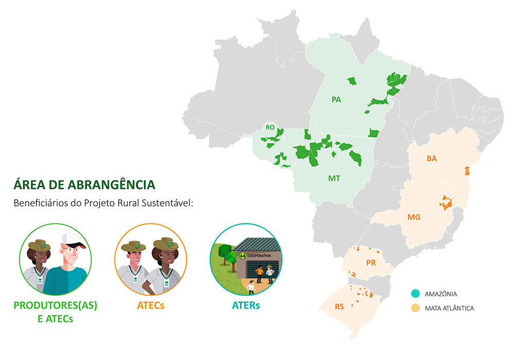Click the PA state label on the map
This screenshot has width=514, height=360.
coord(336,100)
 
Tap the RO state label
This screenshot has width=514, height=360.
coord(270,127)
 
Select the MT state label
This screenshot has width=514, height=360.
coord(334,178)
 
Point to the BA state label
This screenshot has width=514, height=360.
coord(431,159)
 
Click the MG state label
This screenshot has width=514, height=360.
coord(414,217)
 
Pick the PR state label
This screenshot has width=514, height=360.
coord(371,263)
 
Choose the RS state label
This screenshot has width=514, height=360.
coord(339,307)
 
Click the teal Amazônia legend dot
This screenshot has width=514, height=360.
coord(415,294)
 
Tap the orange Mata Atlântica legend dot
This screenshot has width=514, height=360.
coord(415,308)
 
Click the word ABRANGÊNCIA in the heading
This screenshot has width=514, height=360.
coord(112,184)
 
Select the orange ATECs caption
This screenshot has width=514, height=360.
coord(151,305)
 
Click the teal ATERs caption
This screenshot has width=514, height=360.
coord(246,305)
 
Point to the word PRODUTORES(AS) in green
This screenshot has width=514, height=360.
coord(56,305)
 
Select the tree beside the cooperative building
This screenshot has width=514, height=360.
coord(227,256)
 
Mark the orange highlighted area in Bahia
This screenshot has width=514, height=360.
coord(467,170)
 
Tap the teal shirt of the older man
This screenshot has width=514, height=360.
coord(64,280)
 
